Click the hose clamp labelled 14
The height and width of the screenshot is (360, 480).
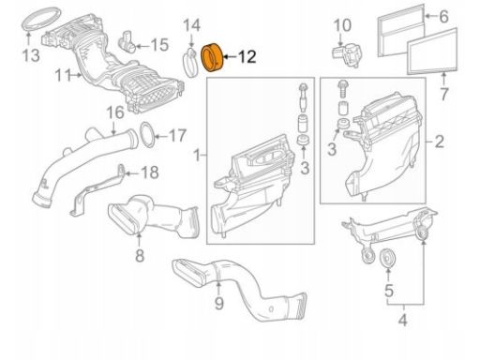click(x=191, y=62)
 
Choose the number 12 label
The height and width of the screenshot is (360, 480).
click(x=247, y=57)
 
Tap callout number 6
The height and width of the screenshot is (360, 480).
click(x=444, y=16)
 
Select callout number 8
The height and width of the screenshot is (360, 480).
click(x=140, y=254)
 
